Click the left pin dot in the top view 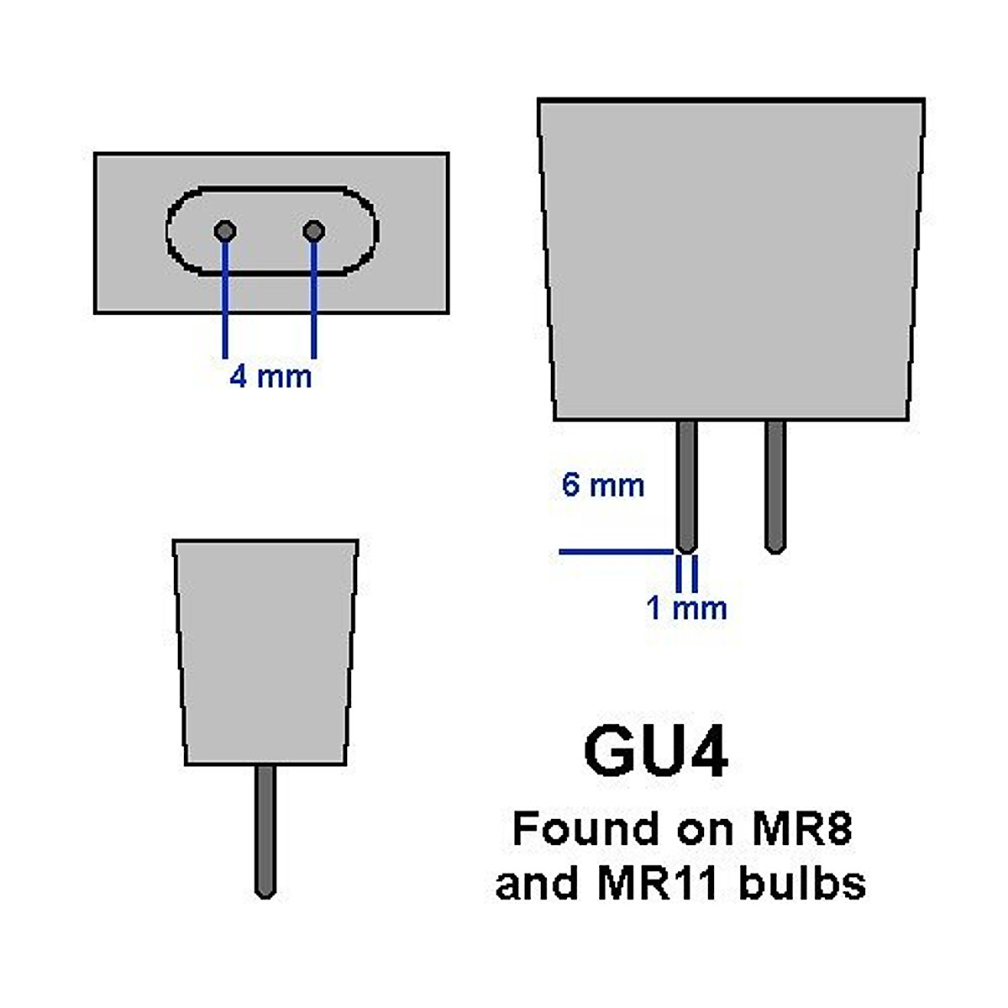225,230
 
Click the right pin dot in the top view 314,230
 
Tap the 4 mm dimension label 270,375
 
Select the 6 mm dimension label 603,486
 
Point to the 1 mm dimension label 686,607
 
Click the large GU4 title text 655,752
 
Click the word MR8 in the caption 801,829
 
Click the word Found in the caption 585,829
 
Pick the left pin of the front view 687,486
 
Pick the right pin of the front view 775,486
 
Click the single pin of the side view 265,830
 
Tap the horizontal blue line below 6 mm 616,552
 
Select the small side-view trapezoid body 265,651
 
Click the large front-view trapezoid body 731,260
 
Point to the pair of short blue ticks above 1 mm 687,571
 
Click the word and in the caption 534,884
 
